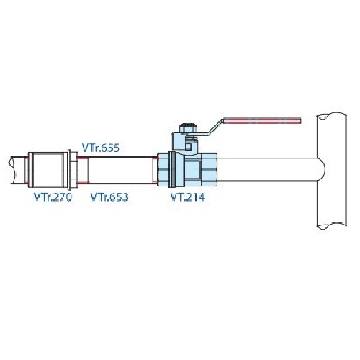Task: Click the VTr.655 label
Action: click(101, 148)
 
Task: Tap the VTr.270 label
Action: click(53, 197)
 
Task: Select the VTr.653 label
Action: click(109, 197)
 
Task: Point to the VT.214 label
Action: click(188, 197)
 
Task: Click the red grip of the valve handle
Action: click(262, 120)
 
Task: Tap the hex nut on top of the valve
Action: click(188, 128)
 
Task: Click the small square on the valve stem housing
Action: click(189, 146)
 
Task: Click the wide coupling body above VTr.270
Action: click(48, 170)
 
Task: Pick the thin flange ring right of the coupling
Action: click(70, 170)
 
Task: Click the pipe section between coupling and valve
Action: click(121, 170)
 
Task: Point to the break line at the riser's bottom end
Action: click(332, 225)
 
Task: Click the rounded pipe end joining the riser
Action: click(322, 169)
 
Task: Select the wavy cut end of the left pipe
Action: click(12, 170)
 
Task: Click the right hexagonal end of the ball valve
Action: click(208, 170)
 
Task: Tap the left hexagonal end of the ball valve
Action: click(163, 170)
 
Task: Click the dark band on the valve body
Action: click(172, 170)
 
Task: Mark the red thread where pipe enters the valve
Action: click(155, 170)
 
